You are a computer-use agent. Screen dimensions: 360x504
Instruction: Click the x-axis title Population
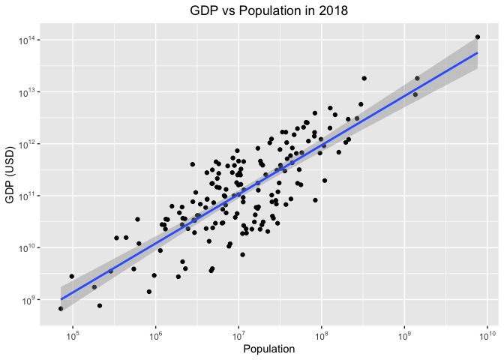point(269,349)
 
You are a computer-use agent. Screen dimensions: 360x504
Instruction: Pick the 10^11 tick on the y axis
point(28,196)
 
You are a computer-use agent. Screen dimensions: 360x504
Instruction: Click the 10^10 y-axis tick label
point(28,248)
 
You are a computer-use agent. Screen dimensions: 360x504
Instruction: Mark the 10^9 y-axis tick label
point(29,300)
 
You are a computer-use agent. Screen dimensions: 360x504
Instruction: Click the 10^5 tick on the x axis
point(73,333)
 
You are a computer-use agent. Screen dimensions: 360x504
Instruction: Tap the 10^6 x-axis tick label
point(155,333)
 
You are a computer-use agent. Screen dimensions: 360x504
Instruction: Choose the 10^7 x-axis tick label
point(238,333)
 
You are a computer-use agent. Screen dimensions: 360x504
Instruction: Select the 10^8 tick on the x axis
point(321,333)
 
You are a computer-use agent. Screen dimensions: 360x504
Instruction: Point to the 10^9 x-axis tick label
point(404,333)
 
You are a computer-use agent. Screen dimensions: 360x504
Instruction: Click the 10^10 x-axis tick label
point(487,333)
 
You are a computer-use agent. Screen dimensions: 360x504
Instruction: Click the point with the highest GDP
point(478,37)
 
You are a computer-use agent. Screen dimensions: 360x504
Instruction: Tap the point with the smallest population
point(61,308)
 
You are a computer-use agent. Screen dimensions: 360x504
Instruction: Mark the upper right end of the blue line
point(478,53)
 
